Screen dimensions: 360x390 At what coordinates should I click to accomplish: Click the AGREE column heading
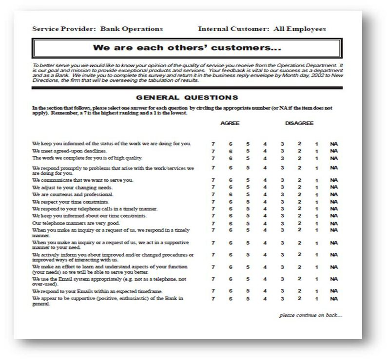(x=230, y=123)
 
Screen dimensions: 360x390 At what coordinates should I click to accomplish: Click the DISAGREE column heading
(x=299, y=123)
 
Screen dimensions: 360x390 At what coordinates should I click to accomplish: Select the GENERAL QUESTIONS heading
(x=187, y=97)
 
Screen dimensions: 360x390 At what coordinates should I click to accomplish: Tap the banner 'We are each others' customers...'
(x=188, y=48)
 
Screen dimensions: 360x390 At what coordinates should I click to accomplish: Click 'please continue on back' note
(x=311, y=315)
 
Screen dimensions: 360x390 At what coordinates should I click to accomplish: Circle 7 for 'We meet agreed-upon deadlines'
(x=213, y=151)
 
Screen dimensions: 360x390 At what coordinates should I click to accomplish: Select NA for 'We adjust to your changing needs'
(x=333, y=188)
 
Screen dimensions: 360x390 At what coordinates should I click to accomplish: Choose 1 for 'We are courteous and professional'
(x=316, y=195)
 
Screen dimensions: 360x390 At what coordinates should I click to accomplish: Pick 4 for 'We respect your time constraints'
(x=265, y=202)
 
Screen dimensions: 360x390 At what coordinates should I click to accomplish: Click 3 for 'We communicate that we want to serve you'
(x=282, y=180)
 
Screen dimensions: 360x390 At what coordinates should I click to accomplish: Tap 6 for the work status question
(x=230, y=144)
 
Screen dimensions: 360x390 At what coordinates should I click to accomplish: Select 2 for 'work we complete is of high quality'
(x=299, y=158)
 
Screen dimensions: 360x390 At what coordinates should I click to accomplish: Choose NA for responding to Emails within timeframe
(x=333, y=291)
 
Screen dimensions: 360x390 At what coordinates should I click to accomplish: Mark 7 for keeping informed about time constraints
(x=213, y=215)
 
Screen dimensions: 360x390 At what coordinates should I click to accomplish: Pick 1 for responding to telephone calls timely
(x=316, y=209)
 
